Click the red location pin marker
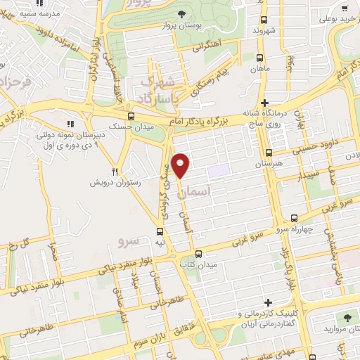[181, 165]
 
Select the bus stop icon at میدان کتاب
[198, 254]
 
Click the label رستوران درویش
[114, 182]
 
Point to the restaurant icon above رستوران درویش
[115, 171]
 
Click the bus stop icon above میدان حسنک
[131, 117]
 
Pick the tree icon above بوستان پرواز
[181, 14]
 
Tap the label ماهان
[260, 69]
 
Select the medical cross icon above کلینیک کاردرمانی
[269, 302]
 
